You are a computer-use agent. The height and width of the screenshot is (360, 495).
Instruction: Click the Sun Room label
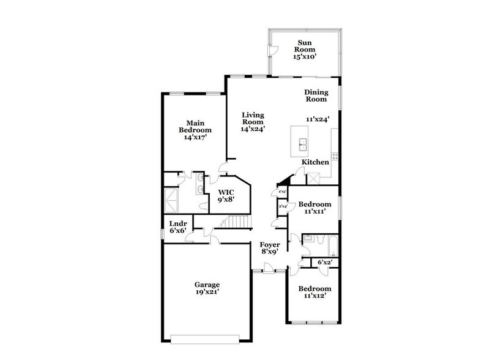[305, 45]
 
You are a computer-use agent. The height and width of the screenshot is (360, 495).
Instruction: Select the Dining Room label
[317, 96]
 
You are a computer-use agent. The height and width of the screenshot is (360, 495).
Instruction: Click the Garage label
[207, 285]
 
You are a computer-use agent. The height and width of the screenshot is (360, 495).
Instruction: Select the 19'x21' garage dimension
[207, 293]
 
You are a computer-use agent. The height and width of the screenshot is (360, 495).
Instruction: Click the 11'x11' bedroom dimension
[315, 211]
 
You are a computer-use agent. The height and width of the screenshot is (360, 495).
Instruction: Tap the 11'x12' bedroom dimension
[315, 296]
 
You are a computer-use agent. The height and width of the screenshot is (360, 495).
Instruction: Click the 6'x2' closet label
[324, 263]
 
